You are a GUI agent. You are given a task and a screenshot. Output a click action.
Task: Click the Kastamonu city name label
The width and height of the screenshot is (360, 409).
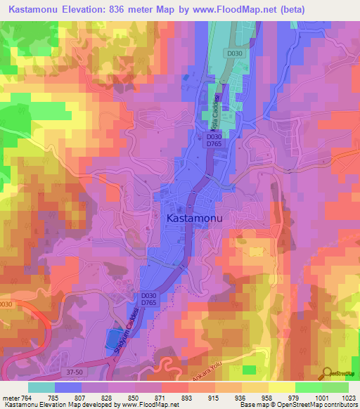[195, 219]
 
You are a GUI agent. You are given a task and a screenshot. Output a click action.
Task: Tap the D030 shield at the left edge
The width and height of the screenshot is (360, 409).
[6, 304]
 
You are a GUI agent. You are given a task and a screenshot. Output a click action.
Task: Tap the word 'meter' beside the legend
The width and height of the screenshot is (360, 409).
[11, 398]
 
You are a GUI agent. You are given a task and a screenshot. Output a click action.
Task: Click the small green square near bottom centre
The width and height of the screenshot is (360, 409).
[249, 370]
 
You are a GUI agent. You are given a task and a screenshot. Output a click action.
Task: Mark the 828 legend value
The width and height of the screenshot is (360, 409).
[94, 398]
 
